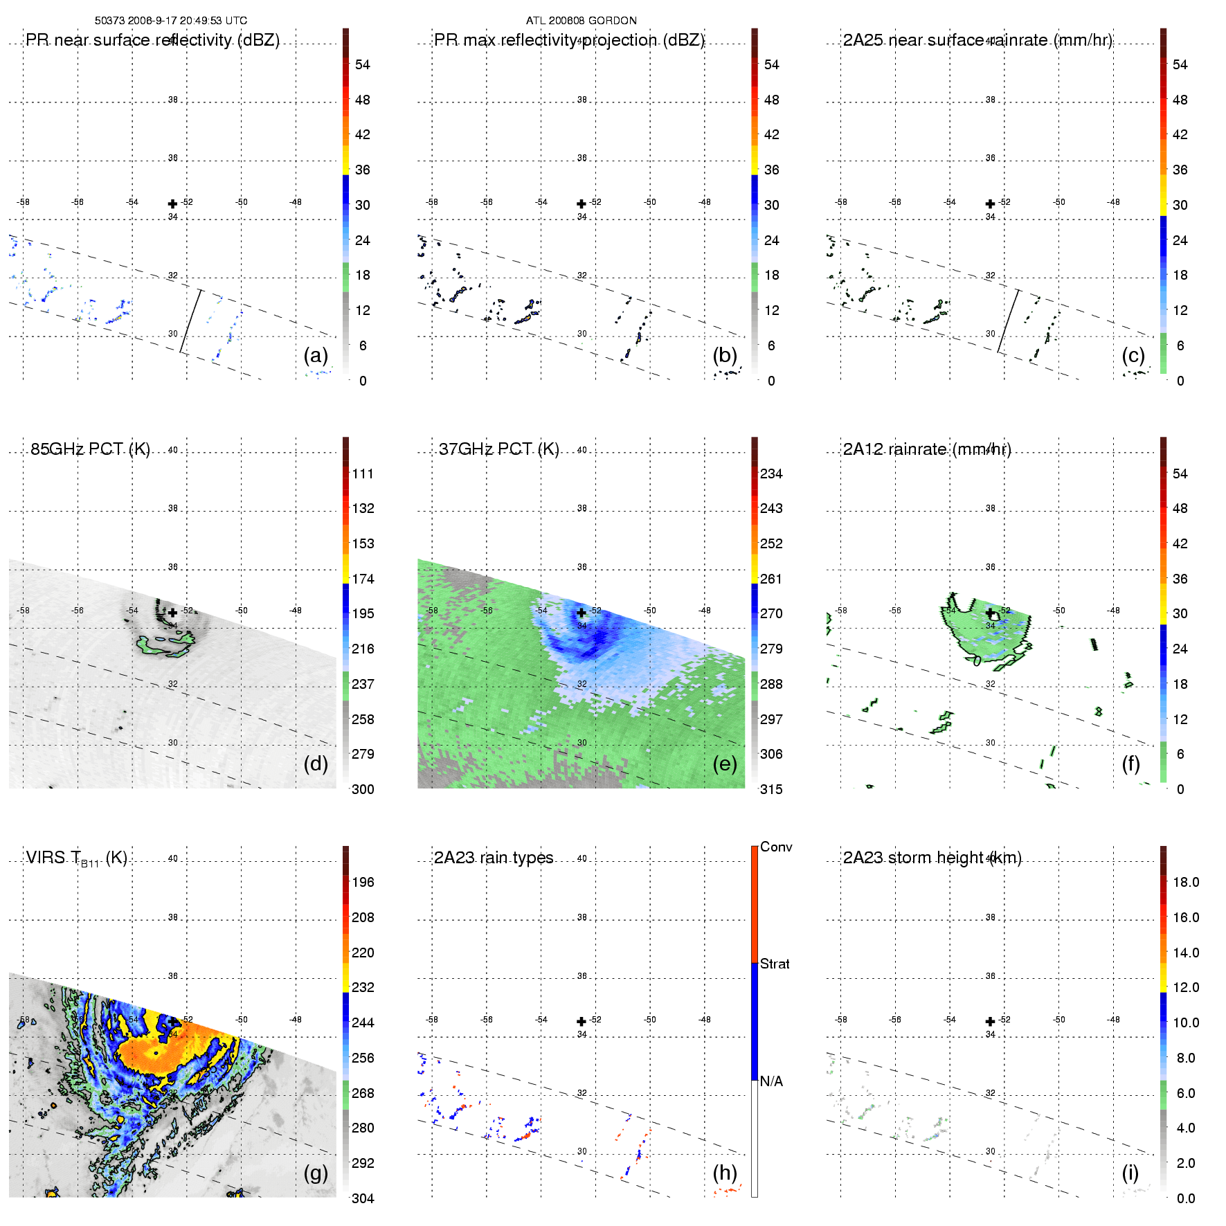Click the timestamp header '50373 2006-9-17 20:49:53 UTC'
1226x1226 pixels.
170,21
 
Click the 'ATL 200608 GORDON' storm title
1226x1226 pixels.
581,21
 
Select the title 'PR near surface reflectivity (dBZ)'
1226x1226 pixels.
152,40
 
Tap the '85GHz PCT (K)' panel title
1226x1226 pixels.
90,449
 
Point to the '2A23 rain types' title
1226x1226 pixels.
494,858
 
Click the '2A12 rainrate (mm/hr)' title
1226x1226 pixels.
927,449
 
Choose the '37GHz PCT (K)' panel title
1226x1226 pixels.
498,449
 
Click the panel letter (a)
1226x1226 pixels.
316,356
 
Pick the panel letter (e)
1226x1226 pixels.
725,764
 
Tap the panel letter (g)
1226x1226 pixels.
316,1173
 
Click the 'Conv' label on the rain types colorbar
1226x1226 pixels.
776,847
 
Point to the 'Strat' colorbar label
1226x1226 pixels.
775,964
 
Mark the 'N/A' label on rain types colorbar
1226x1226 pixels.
771,1081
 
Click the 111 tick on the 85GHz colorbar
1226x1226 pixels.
363,474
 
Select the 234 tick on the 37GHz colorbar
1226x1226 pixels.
771,474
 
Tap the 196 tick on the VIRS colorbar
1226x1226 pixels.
363,882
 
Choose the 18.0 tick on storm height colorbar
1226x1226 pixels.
1186,882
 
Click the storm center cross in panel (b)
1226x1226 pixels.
582,204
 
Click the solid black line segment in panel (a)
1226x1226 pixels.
191,321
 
